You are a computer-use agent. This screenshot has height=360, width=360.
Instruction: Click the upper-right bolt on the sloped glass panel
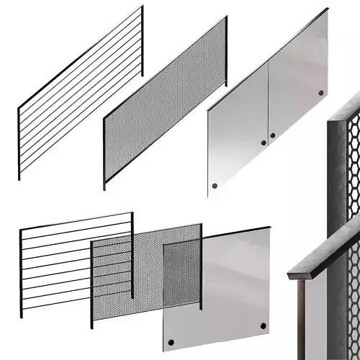pos(320,94)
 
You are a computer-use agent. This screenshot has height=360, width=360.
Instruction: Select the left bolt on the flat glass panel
pos(171,341)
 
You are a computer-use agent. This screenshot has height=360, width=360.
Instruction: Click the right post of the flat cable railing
pos(132,256)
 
